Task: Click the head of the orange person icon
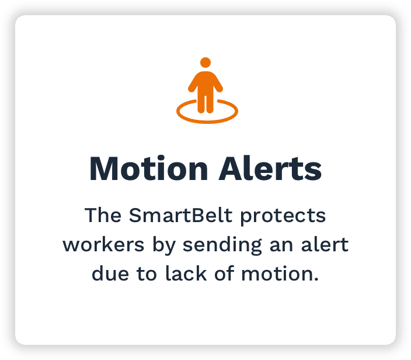pyautogui.click(x=206, y=63)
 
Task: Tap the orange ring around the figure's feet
pyautogui.click(x=207, y=121)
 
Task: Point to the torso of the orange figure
pyautogui.click(x=206, y=82)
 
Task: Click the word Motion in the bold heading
pyautogui.click(x=149, y=169)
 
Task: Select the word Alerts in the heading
pyautogui.click(x=270, y=169)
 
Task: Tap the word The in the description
pyautogui.click(x=103, y=216)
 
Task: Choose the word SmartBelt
pyautogui.click(x=180, y=216)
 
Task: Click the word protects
pyautogui.click(x=283, y=217)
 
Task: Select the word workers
pyautogui.click(x=103, y=245)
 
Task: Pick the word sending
pyautogui.click(x=222, y=246)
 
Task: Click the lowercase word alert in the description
pyautogui.click(x=325, y=245)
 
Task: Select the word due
pyautogui.click(x=110, y=274)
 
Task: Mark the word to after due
pyautogui.click(x=147, y=275)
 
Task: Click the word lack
pyautogui.click(x=186, y=274)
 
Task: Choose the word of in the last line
pyautogui.click(x=224, y=274)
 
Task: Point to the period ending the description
pyautogui.click(x=316, y=279)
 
